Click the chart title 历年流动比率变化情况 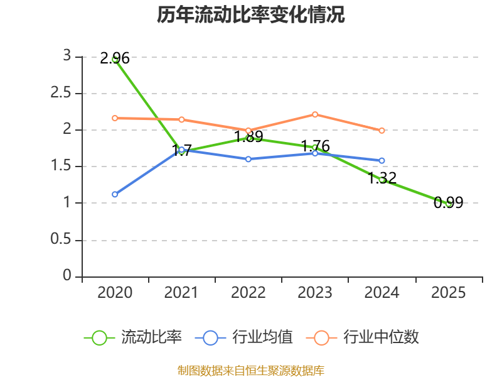(x=250, y=14)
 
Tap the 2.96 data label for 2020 (x=115, y=58)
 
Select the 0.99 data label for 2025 (x=448, y=202)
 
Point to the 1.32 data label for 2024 (x=382, y=178)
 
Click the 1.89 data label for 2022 (x=248, y=136)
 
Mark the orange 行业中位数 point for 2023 (x=315, y=114)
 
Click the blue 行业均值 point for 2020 (x=115, y=194)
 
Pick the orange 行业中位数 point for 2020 (x=115, y=118)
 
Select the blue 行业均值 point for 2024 (x=382, y=161)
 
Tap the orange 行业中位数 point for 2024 (x=382, y=131)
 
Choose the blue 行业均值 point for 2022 (x=248, y=159)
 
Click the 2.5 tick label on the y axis (x=61, y=93)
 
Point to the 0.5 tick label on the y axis (x=61, y=239)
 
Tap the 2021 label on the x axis (x=181, y=293)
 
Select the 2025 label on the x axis (x=448, y=293)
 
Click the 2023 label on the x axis (x=315, y=293)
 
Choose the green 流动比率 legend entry (x=133, y=337)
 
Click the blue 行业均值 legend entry (x=244, y=337)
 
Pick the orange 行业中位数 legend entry (x=363, y=337)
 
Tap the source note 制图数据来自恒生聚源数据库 (x=251, y=371)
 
